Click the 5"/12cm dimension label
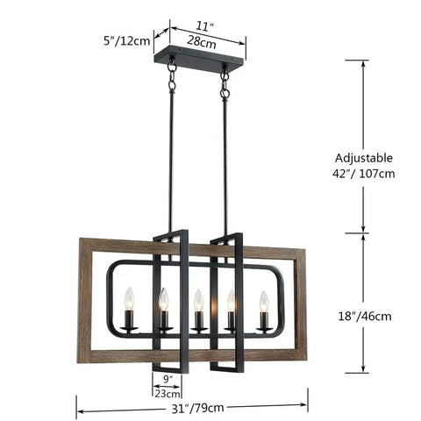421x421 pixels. [126, 41]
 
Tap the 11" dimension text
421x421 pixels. [203, 26]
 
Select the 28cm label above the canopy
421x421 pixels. [202, 42]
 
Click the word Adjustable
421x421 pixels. [363, 158]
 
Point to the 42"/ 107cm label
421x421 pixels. [363, 174]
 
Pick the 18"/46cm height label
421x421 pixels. [365, 317]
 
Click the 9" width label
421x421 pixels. [167, 379]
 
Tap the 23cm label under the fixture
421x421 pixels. [167, 394]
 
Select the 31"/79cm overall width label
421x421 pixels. [197, 408]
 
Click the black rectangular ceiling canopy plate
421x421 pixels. [199, 56]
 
